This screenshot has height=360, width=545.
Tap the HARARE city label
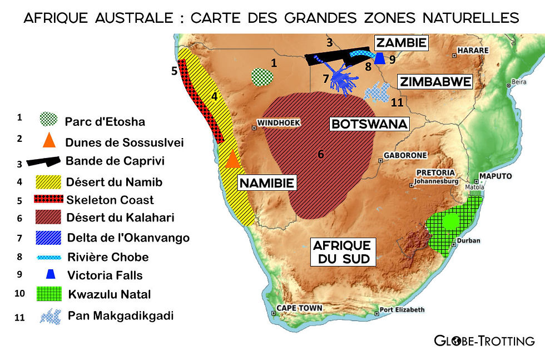click(473, 51)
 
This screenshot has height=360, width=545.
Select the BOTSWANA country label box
click(369, 124)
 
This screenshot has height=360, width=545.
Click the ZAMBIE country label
click(400, 43)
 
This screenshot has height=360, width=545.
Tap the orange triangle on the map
click(232, 159)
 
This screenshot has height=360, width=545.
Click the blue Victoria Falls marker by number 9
click(380, 58)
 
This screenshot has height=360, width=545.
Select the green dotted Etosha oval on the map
click(262, 77)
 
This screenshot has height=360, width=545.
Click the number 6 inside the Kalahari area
click(320, 154)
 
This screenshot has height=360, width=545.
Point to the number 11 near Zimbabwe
click(397, 102)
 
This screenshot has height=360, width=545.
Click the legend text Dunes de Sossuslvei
click(125, 142)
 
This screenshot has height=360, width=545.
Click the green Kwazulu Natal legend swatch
click(48, 293)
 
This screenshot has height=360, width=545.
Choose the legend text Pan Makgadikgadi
click(121, 315)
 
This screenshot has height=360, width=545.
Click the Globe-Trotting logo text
click(484, 341)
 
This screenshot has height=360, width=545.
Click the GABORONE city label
click(406, 155)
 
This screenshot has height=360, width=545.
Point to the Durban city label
click(465, 241)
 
